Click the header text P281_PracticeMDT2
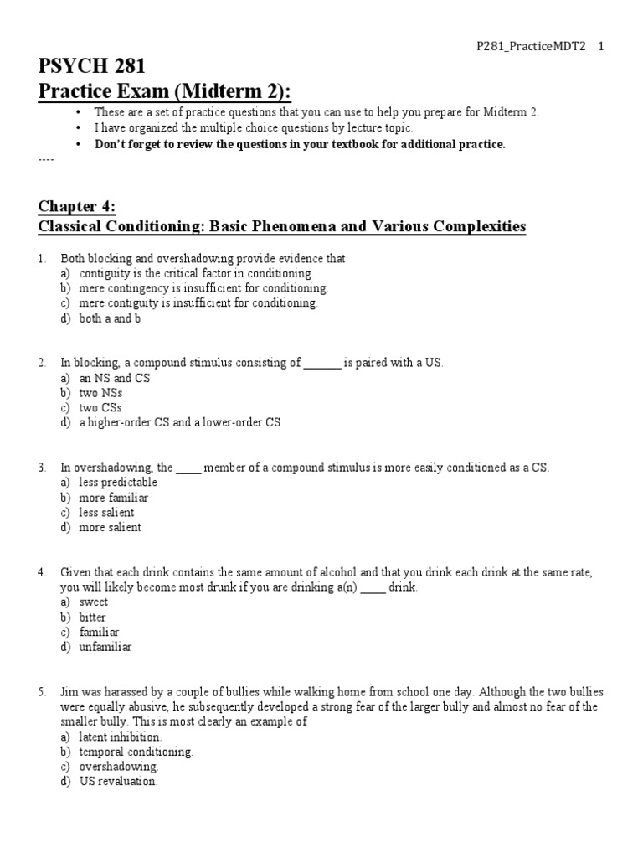527,48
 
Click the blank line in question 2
321,363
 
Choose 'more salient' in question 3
110,527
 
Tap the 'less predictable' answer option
118,483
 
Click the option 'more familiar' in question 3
113,498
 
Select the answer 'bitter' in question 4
93,617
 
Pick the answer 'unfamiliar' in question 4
105,647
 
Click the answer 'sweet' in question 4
93,602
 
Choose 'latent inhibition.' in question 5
121,737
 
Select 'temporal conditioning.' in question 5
136,752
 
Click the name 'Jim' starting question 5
69,692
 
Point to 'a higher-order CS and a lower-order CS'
180,422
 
